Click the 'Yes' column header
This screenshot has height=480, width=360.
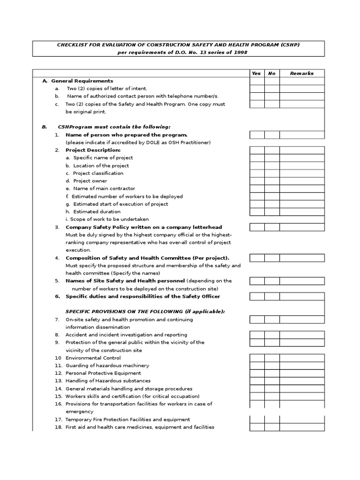(x=256, y=73)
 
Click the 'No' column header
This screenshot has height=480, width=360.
(x=272, y=73)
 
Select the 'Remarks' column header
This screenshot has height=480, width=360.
(x=301, y=73)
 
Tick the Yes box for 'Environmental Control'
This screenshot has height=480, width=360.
(x=257, y=358)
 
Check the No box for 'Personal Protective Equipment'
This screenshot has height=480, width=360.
(x=272, y=373)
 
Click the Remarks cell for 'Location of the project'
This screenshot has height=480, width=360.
(x=301, y=166)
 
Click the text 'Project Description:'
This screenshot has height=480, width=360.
(x=93, y=150)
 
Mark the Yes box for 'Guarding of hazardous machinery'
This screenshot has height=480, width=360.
(x=257, y=366)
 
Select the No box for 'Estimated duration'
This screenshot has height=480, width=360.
(x=272, y=212)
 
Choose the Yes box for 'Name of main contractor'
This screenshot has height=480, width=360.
(x=257, y=188)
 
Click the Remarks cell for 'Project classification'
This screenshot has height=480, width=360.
(x=301, y=173)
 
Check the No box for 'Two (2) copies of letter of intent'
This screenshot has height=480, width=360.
(x=272, y=89)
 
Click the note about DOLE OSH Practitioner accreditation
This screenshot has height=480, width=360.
(x=138, y=142)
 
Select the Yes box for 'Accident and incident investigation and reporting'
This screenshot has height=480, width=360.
(x=257, y=335)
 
